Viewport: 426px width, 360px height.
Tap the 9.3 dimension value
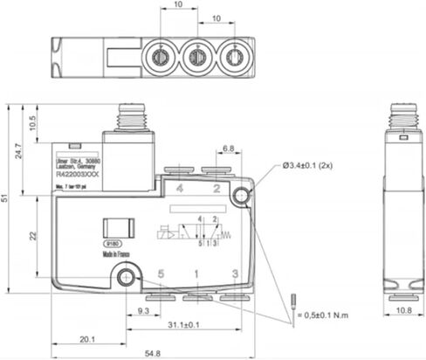click(x=145, y=310)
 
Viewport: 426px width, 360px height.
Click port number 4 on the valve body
click(x=180, y=188)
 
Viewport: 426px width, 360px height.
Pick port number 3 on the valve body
click(x=235, y=274)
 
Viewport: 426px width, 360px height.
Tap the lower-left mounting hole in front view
click(x=129, y=279)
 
